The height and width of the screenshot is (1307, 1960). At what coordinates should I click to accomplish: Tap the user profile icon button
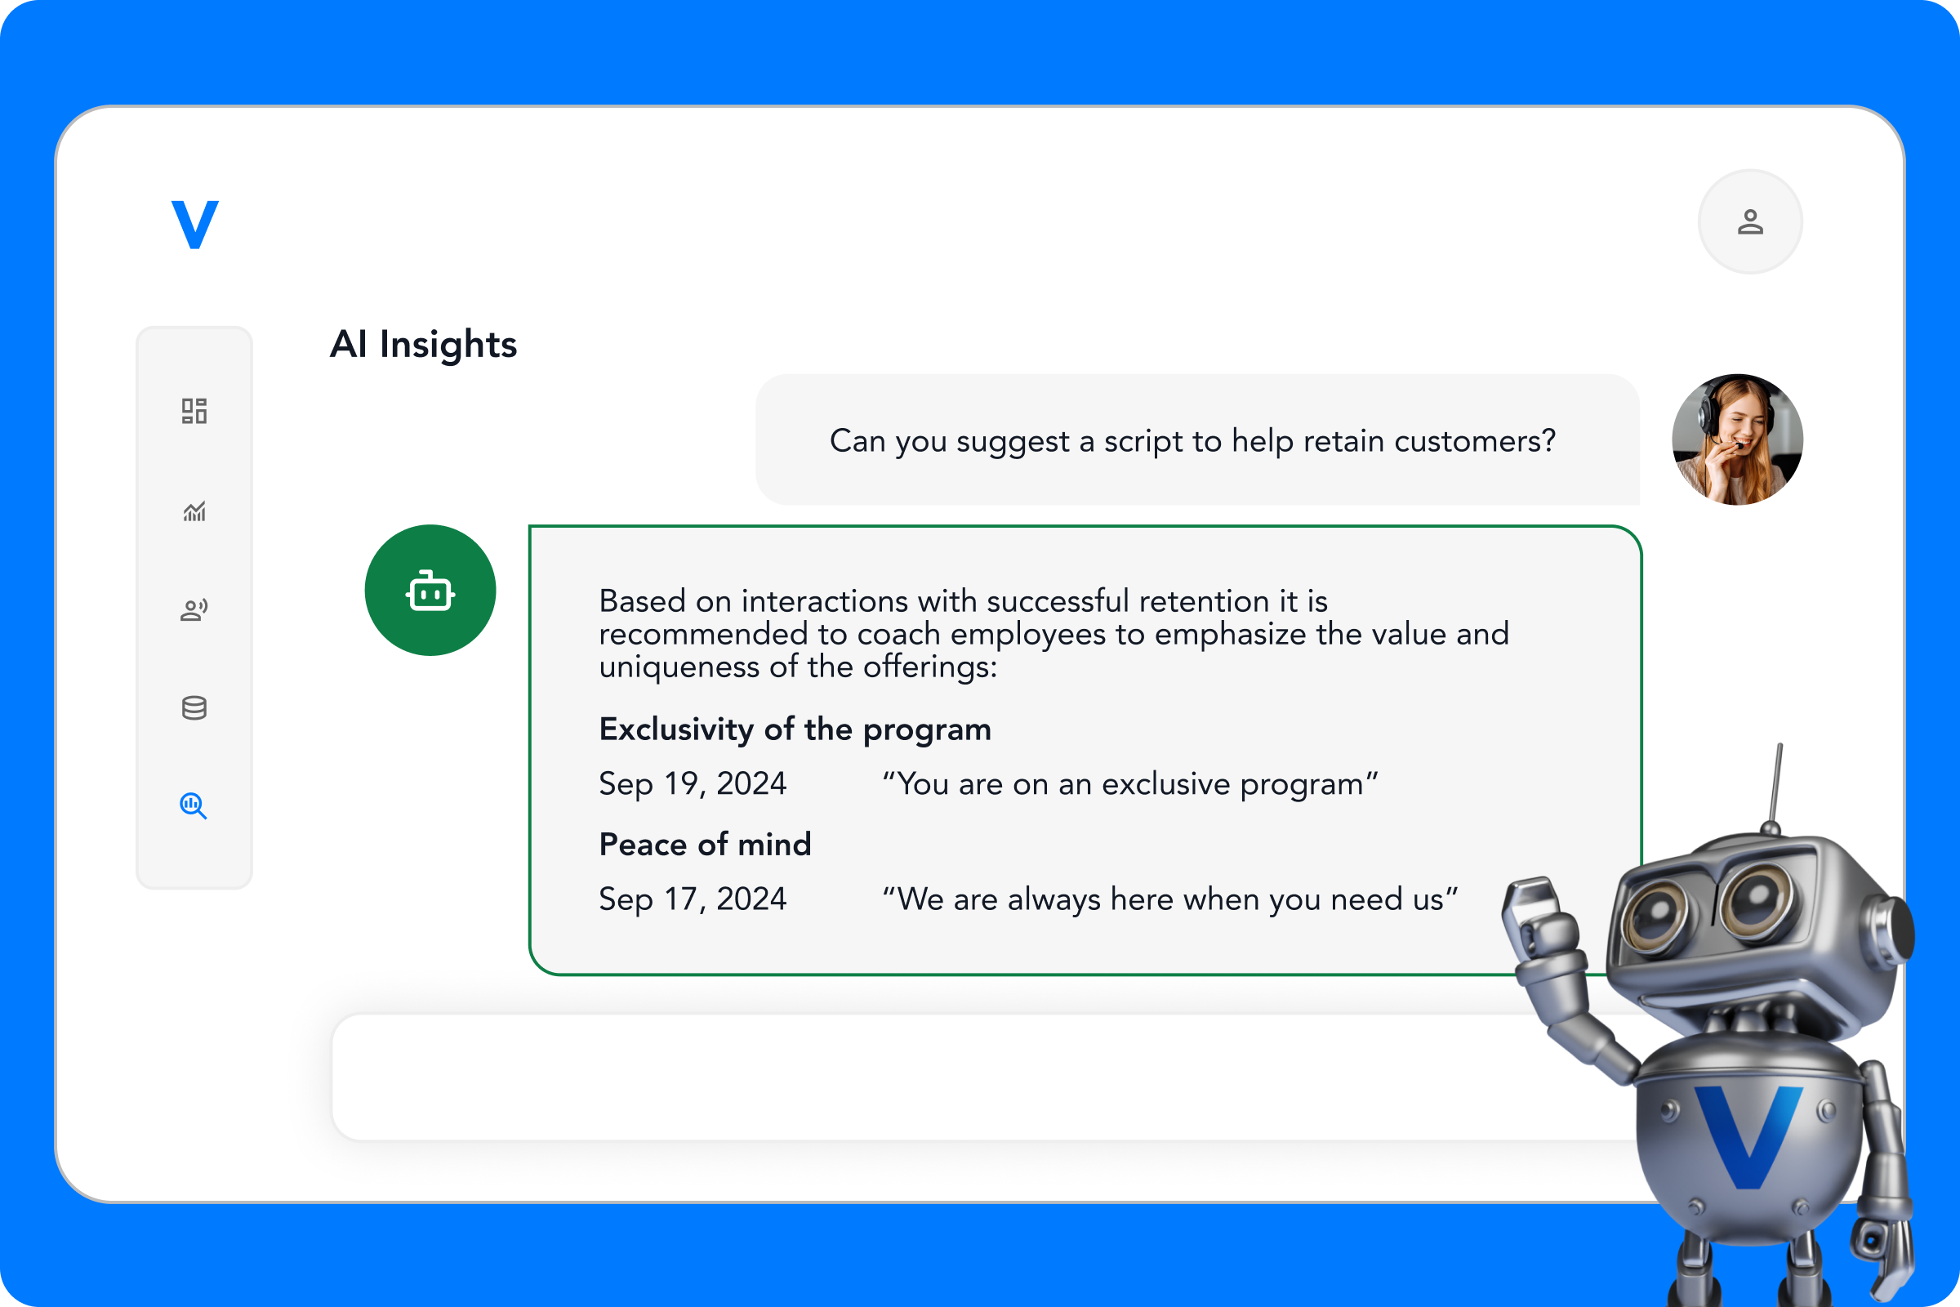tap(1750, 221)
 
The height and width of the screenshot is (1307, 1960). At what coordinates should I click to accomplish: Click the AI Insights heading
tap(423, 344)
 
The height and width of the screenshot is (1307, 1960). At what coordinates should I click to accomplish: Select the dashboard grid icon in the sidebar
tap(194, 411)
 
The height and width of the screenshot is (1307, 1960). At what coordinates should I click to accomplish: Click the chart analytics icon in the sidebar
tap(194, 511)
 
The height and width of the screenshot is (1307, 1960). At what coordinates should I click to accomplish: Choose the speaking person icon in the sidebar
tap(194, 610)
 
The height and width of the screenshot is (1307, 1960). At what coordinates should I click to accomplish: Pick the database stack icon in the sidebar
tap(194, 707)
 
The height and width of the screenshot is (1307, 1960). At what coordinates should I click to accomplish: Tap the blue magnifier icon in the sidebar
tap(194, 805)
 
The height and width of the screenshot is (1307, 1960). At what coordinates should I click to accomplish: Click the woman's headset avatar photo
tap(1738, 439)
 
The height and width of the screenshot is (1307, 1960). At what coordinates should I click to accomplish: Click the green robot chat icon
tap(430, 590)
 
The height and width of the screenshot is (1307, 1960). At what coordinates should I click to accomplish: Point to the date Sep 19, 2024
tap(693, 783)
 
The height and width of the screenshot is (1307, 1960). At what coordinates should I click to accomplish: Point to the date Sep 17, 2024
tap(693, 899)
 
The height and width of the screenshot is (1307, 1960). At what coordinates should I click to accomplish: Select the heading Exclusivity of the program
tap(795, 729)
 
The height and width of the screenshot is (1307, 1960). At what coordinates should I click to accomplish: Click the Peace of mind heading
tap(705, 845)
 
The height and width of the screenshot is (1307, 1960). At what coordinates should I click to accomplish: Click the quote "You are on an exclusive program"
tap(1130, 783)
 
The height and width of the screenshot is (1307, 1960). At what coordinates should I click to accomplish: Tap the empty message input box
tap(916, 1077)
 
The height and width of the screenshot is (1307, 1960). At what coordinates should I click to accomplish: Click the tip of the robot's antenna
tap(1780, 747)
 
